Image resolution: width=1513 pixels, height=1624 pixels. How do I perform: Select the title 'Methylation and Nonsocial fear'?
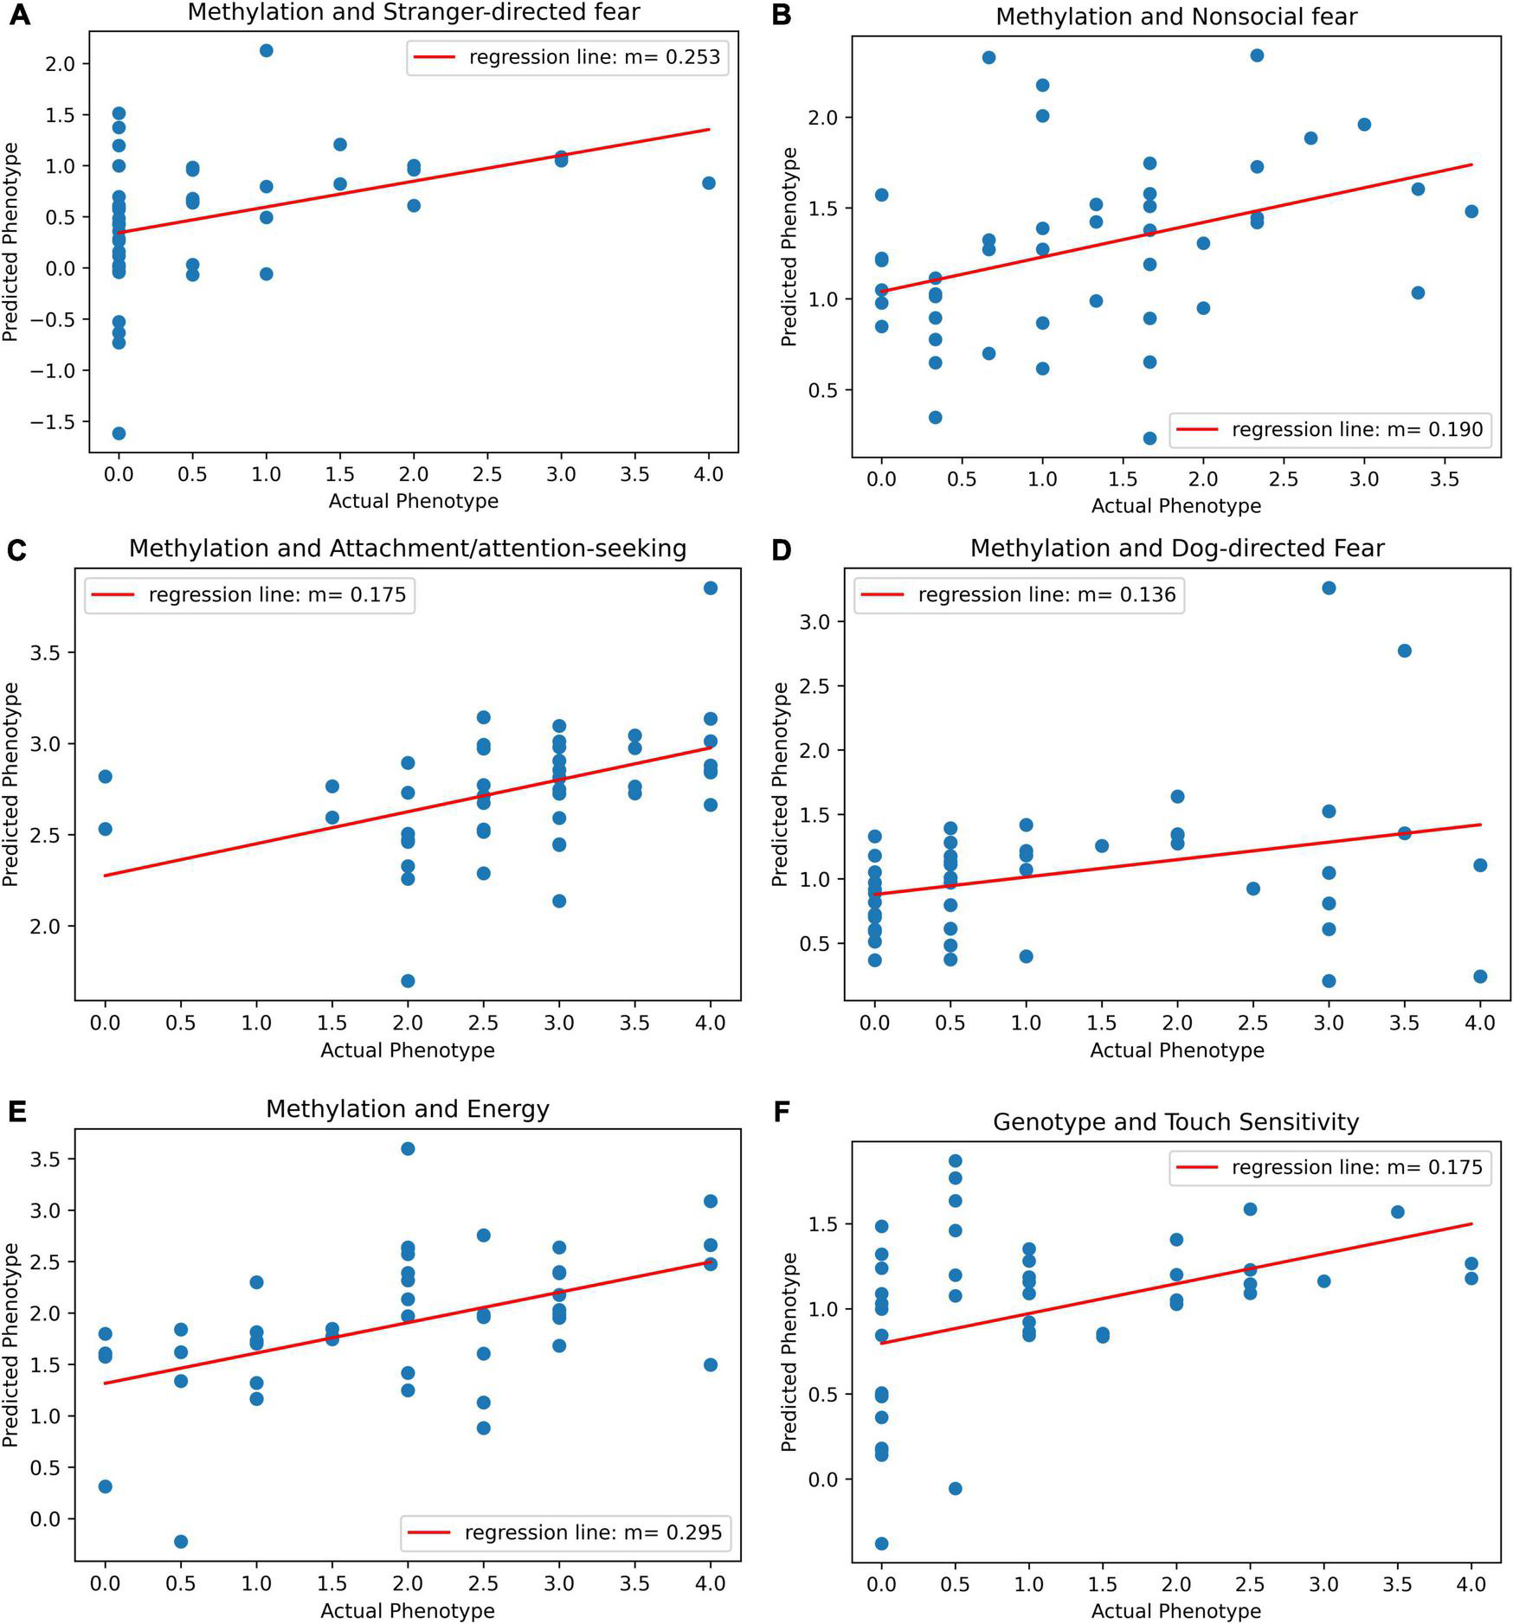[x=1176, y=16]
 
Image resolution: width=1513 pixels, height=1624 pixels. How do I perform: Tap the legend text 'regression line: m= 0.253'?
[x=594, y=57]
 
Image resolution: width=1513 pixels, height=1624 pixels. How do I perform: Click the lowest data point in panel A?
[x=119, y=433]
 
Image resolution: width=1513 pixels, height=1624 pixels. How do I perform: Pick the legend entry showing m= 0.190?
[x=1356, y=429]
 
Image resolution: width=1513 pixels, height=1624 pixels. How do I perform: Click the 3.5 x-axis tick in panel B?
[x=1445, y=479]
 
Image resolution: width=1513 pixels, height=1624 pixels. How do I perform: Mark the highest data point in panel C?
[x=711, y=588]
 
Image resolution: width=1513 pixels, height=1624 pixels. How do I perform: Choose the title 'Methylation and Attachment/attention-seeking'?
[x=408, y=549]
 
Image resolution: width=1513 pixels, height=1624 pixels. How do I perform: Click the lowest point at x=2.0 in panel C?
[x=408, y=981]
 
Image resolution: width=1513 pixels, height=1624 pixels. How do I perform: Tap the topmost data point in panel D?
[x=1329, y=588]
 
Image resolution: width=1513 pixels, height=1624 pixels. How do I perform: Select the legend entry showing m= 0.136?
[x=1046, y=594]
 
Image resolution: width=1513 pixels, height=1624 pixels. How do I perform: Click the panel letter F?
[x=782, y=1112]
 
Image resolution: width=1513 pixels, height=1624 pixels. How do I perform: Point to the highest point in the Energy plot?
[x=408, y=1149]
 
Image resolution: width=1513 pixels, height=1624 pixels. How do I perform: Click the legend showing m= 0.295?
[x=593, y=1532]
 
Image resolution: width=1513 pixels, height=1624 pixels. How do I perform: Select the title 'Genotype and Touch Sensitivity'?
[x=1175, y=1122]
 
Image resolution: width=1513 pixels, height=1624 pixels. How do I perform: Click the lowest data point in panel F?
[x=882, y=1544]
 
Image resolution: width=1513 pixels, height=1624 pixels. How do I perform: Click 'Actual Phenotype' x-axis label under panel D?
[x=1176, y=1050]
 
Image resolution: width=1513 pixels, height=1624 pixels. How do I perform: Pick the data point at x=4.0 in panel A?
[x=709, y=183]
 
